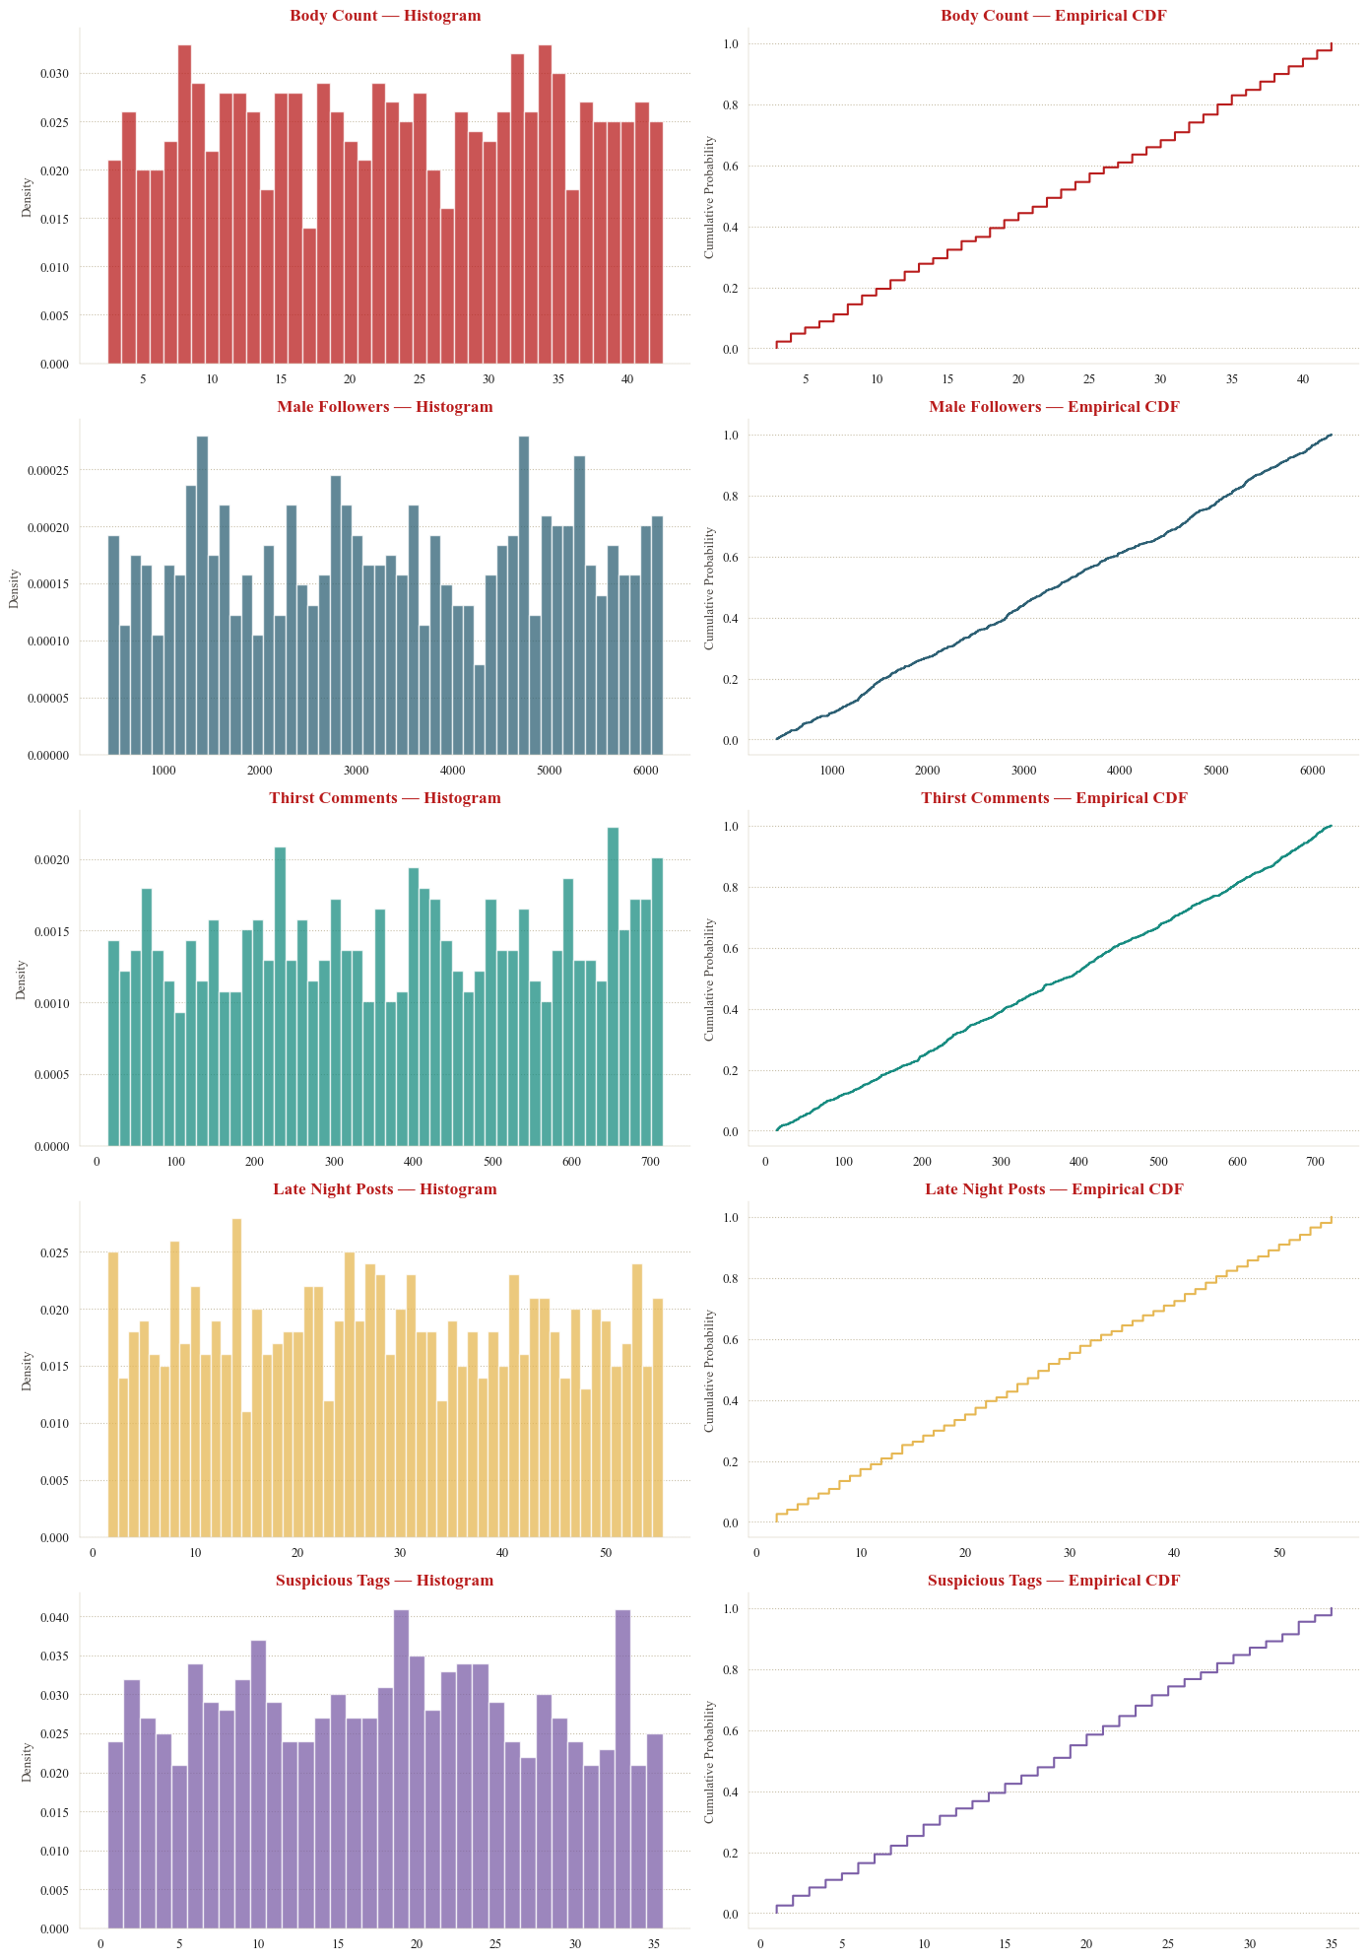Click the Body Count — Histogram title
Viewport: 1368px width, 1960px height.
[x=385, y=16]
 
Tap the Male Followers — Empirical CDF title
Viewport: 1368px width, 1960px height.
[x=1054, y=407]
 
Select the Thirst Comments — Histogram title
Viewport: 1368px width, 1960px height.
[x=385, y=798]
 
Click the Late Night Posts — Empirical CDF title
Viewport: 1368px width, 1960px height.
[x=1054, y=1189]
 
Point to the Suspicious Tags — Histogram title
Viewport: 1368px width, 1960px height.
[x=385, y=1581]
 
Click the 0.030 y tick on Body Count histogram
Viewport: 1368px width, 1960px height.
[x=55, y=74]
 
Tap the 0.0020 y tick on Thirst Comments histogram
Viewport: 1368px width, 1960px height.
[x=51, y=860]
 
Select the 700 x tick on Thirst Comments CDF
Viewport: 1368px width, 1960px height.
[x=1315, y=1162]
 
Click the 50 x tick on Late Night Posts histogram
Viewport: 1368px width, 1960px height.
[x=606, y=1553]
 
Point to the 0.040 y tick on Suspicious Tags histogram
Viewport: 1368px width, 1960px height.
[x=55, y=1618]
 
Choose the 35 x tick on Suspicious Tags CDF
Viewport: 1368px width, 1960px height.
[x=1331, y=1944]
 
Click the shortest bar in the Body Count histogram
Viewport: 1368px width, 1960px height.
[x=309, y=296]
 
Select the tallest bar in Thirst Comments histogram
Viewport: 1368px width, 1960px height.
[x=613, y=986]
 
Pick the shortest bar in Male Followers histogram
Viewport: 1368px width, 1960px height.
[x=480, y=710]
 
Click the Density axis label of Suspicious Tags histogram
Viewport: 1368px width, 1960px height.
[x=27, y=1762]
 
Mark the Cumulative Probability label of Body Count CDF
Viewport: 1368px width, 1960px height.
[x=710, y=197]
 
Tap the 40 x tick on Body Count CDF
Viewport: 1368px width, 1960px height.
[x=1302, y=379]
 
